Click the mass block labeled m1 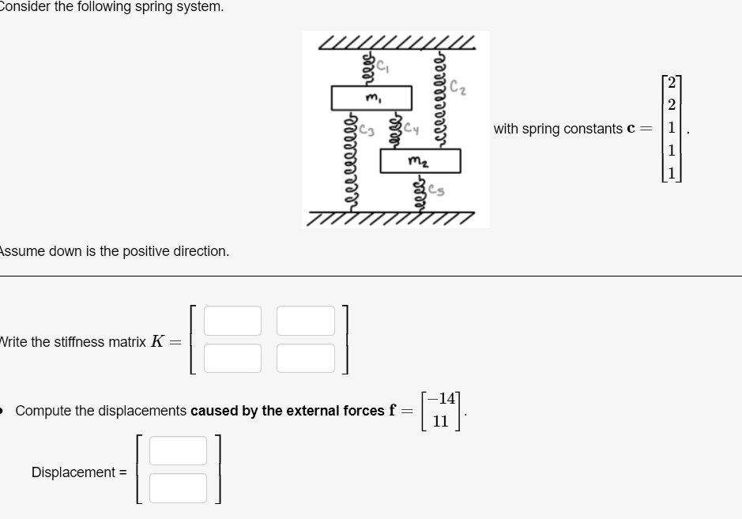point(371,98)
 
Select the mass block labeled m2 point(420,161)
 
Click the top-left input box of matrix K point(232,321)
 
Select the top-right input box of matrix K point(306,321)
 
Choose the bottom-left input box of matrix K point(232,358)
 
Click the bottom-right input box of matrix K point(306,358)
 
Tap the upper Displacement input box point(178,450)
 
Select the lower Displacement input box point(178,487)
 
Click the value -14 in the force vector point(440,400)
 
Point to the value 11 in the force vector point(441,421)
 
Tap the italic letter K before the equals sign point(157,342)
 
